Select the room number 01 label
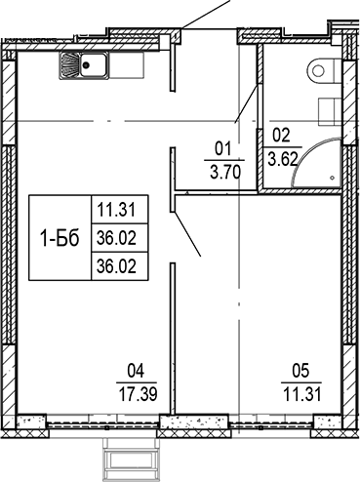[x=220, y=149]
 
